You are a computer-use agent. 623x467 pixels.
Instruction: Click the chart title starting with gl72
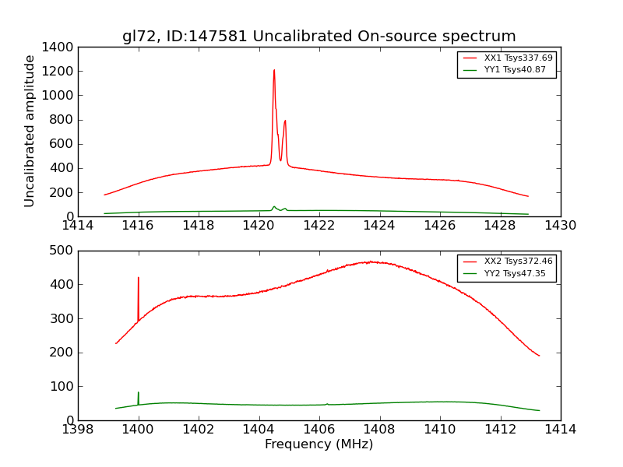pyautogui.click(x=319, y=37)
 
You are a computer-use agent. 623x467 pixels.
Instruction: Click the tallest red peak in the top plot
pyautogui.click(x=274, y=72)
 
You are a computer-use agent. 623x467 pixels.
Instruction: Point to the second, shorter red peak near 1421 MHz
pyautogui.click(x=285, y=121)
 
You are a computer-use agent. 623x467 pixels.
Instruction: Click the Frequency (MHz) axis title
pyautogui.click(x=319, y=444)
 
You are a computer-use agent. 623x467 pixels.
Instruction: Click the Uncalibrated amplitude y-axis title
pyautogui.click(x=30, y=131)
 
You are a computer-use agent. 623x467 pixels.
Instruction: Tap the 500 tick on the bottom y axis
pyautogui.click(x=62, y=251)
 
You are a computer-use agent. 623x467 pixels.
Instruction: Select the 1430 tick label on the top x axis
pyautogui.click(x=560, y=226)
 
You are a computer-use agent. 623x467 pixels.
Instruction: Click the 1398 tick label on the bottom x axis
pyautogui.click(x=78, y=430)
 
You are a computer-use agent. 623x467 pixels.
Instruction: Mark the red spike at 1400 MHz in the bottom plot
pyautogui.click(x=139, y=279)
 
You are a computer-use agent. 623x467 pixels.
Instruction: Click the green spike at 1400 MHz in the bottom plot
pyautogui.click(x=139, y=394)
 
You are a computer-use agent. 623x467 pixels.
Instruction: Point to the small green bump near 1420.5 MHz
pyautogui.click(x=274, y=207)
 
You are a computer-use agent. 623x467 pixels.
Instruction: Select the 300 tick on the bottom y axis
pyautogui.click(x=62, y=318)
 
